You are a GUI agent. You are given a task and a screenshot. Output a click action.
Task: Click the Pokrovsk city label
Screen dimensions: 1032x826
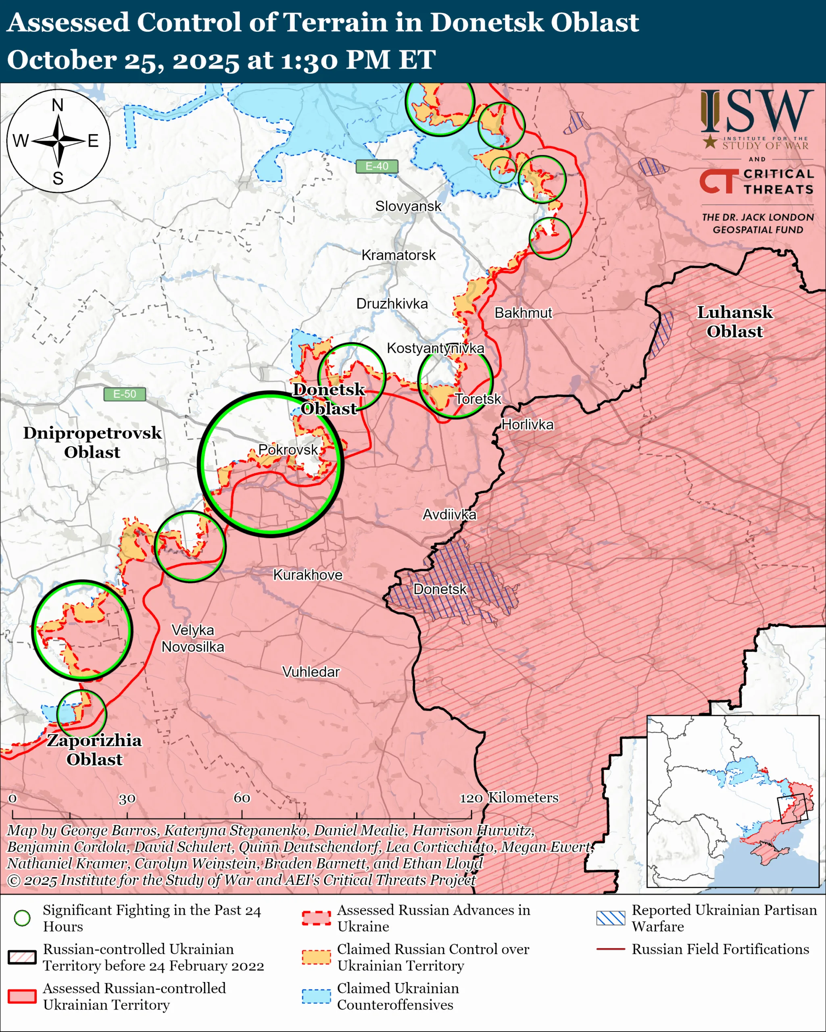(288, 449)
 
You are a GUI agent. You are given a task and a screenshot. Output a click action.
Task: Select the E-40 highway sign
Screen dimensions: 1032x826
(377, 166)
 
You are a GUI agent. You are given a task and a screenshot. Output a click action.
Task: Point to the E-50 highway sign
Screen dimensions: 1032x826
(125, 394)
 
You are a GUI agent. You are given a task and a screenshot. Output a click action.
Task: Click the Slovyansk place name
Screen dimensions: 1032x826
(408, 206)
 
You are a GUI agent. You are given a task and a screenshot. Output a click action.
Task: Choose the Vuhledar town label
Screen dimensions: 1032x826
(311, 672)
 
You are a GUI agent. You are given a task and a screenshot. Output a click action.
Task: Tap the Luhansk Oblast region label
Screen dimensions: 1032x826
(734, 322)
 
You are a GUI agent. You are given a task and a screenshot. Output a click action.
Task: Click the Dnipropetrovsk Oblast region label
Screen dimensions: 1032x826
(92, 442)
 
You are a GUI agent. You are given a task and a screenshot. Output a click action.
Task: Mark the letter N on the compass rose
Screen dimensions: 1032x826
(57, 105)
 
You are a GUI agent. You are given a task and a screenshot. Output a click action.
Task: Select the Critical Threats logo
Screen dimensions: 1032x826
(757, 181)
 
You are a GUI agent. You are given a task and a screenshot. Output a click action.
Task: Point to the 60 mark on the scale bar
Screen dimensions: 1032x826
(242, 797)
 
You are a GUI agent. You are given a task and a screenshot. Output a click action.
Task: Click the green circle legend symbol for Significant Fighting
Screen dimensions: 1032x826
(23, 918)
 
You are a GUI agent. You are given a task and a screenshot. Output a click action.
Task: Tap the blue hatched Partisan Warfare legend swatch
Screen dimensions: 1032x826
(611, 918)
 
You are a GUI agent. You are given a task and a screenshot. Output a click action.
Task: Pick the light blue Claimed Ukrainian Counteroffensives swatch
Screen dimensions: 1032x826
(316, 996)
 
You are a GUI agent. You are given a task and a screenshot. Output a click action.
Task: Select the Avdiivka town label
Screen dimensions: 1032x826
(449, 514)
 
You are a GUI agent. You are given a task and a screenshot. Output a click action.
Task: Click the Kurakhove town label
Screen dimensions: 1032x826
(307, 575)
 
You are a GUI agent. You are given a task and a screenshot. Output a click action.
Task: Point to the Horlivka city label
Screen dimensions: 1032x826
(527, 424)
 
